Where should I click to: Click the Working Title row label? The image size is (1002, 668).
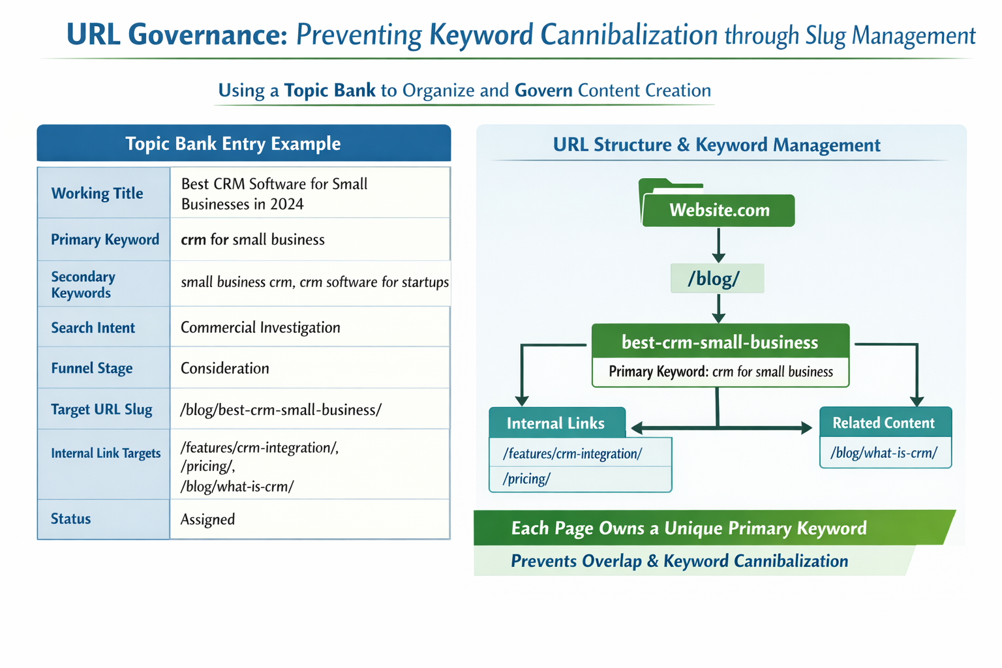(97, 193)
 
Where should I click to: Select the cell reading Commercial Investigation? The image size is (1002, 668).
(260, 327)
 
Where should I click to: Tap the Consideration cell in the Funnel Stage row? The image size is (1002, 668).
(225, 369)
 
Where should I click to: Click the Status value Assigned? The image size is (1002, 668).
(207, 519)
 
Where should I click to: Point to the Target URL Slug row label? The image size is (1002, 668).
(102, 410)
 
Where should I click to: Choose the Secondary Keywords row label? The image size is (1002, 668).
(83, 284)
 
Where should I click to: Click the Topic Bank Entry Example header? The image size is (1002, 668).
(233, 144)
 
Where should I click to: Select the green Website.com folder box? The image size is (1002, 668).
(719, 210)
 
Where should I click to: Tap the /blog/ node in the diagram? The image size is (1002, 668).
(716, 279)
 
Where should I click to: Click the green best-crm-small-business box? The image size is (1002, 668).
(720, 342)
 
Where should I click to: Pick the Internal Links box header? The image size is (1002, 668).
(556, 423)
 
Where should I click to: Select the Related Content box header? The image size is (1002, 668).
(884, 423)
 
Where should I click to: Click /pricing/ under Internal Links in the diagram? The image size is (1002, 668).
(527, 479)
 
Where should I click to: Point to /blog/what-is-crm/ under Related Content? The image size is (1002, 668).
(884, 453)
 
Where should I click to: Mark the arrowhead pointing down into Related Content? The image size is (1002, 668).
(917, 400)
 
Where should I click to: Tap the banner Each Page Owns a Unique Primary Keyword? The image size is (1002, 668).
(689, 528)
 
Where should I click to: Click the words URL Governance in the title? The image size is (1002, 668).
(177, 35)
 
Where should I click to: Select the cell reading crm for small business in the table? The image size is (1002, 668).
(252, 239)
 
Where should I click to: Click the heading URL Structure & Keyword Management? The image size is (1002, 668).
(716, 145)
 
